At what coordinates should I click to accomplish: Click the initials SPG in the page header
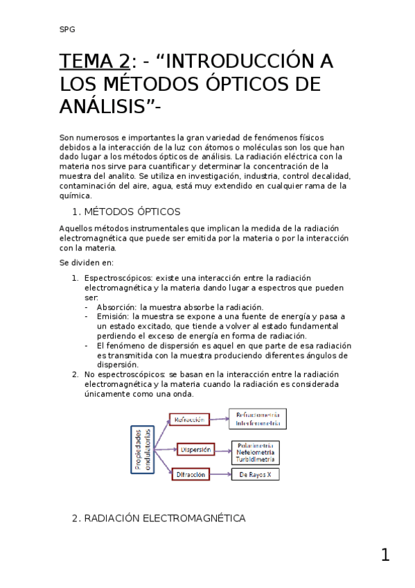tap(67, 30)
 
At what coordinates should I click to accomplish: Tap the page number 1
tap(385, 555)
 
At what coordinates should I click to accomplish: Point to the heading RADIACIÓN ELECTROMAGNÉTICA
tap(164, 518)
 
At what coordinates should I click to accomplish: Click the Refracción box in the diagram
tap(189, 420)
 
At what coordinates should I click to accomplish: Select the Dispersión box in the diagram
tap(195, 449)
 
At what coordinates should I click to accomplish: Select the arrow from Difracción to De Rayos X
tap(220, 474)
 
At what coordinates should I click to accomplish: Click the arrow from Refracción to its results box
tap(219, 419)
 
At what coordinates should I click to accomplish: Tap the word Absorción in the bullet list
tap(117, 306)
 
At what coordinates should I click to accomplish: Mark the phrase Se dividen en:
tap(82, 263)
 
